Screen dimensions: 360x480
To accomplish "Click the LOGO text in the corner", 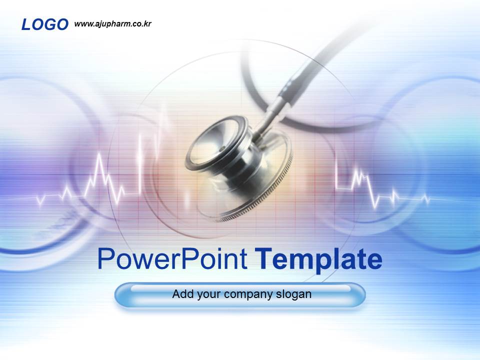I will click(44, 24).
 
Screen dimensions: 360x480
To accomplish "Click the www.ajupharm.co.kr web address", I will click(112, 23).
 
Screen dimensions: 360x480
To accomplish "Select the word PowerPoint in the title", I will click(172, 259).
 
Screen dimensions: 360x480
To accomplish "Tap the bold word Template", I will click(318, 259).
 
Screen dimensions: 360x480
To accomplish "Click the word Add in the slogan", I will click(181, 294).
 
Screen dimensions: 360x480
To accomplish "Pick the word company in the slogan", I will click(248, 294).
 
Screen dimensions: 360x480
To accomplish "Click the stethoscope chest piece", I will click(235, 165).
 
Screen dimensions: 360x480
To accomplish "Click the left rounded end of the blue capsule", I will click(122, 295).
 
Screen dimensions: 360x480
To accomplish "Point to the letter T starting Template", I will click(263, 259).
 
